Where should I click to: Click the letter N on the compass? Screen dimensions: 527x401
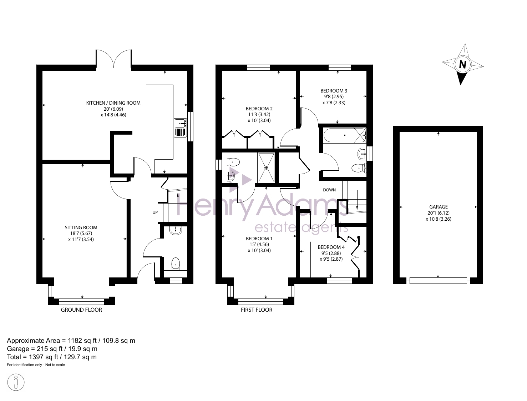462,64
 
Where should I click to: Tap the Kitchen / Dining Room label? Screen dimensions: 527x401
113,103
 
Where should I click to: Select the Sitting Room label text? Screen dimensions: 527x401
81,227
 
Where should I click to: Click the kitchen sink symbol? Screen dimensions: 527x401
180,127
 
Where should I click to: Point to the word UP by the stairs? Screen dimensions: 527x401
155,212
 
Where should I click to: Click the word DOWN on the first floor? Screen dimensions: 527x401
329,190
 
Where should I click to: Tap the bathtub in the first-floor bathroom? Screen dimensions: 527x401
345,135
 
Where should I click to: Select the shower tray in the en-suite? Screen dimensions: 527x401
266,168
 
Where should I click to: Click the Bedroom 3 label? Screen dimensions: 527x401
334,91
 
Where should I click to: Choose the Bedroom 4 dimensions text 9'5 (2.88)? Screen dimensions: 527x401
331,253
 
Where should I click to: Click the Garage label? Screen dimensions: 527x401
439,207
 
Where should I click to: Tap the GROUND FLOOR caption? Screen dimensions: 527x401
81,310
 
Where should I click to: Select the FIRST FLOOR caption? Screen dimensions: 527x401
257,310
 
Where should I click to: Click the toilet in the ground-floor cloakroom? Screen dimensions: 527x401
176,264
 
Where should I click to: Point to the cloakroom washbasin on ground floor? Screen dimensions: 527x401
176,230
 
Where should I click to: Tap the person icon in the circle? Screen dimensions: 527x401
16,382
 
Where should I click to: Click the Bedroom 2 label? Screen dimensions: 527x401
259,109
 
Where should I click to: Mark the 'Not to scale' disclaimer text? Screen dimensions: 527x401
55,365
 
